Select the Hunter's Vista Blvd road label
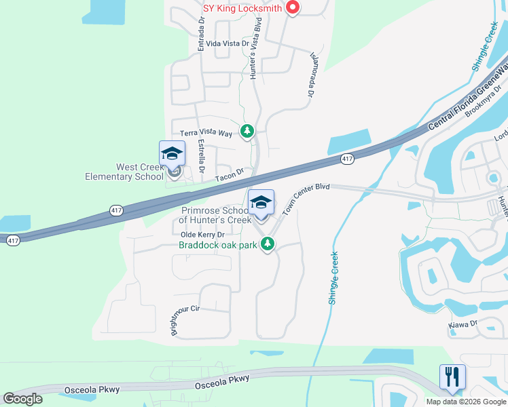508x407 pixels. (256, 50)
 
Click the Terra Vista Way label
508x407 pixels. (206, 134)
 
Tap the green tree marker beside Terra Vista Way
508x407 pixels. (248, 131)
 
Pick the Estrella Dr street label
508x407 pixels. (202, 156)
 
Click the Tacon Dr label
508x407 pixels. (229, 176)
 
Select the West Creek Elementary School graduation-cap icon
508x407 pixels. (172, 154)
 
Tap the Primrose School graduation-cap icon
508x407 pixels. (261, 203)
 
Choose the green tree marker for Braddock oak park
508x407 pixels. (269, 244)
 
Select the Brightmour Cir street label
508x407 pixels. (185, 319)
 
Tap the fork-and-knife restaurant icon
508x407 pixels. (452, 376)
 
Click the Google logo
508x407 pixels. (22, 399)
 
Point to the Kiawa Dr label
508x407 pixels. (463, 325)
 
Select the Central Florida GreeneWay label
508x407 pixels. (469, 95)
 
